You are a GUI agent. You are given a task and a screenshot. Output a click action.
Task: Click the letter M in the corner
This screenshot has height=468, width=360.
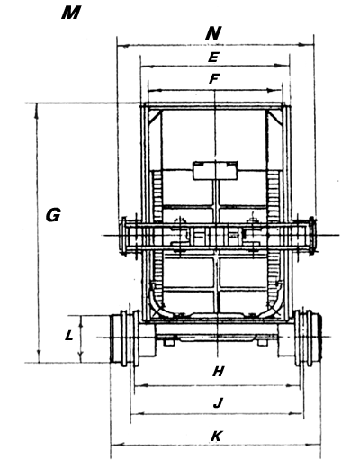coord(71,13)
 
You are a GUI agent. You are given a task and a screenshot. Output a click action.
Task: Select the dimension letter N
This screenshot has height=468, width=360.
coord(213,33)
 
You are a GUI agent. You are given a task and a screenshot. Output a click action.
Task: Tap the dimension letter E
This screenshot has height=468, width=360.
coord(213,58)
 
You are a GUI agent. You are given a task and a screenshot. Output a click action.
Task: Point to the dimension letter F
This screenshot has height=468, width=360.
coord(213,79)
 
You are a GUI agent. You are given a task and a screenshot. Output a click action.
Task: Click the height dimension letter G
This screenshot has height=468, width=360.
coord(53,215)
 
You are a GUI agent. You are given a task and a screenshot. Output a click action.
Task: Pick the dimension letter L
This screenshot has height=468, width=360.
coord(69,335)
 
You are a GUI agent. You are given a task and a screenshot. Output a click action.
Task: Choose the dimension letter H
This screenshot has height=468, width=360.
coord(218,372)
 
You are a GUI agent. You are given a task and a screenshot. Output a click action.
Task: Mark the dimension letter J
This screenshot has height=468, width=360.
coord(218,402)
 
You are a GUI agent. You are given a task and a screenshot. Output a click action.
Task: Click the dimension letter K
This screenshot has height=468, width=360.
coord(217,436)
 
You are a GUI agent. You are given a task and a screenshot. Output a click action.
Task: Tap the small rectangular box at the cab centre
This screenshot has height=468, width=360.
coord(215,171)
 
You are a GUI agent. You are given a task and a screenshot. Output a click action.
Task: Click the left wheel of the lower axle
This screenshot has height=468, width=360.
coord(125,338)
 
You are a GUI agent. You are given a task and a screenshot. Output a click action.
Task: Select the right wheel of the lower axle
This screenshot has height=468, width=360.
coord(308,338)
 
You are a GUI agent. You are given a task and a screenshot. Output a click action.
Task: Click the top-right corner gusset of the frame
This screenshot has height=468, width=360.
coord(275,117)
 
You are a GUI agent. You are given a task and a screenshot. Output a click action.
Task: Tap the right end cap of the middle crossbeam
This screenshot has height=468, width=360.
coord(312,236)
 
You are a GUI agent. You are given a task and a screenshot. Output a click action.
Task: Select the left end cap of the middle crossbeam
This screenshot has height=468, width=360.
coord(122,236)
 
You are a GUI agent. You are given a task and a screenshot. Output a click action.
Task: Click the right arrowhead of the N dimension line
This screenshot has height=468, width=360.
coord(309,45)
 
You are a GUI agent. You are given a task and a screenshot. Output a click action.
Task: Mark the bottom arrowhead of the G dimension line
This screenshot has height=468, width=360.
coord(39,357)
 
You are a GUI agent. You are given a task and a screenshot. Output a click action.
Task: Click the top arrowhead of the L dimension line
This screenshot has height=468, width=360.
coord(80,320)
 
